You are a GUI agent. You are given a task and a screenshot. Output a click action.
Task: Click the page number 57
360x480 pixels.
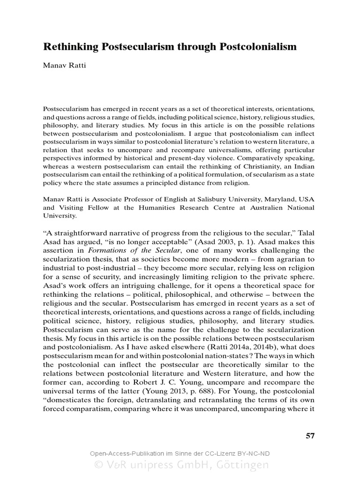(310, 435)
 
